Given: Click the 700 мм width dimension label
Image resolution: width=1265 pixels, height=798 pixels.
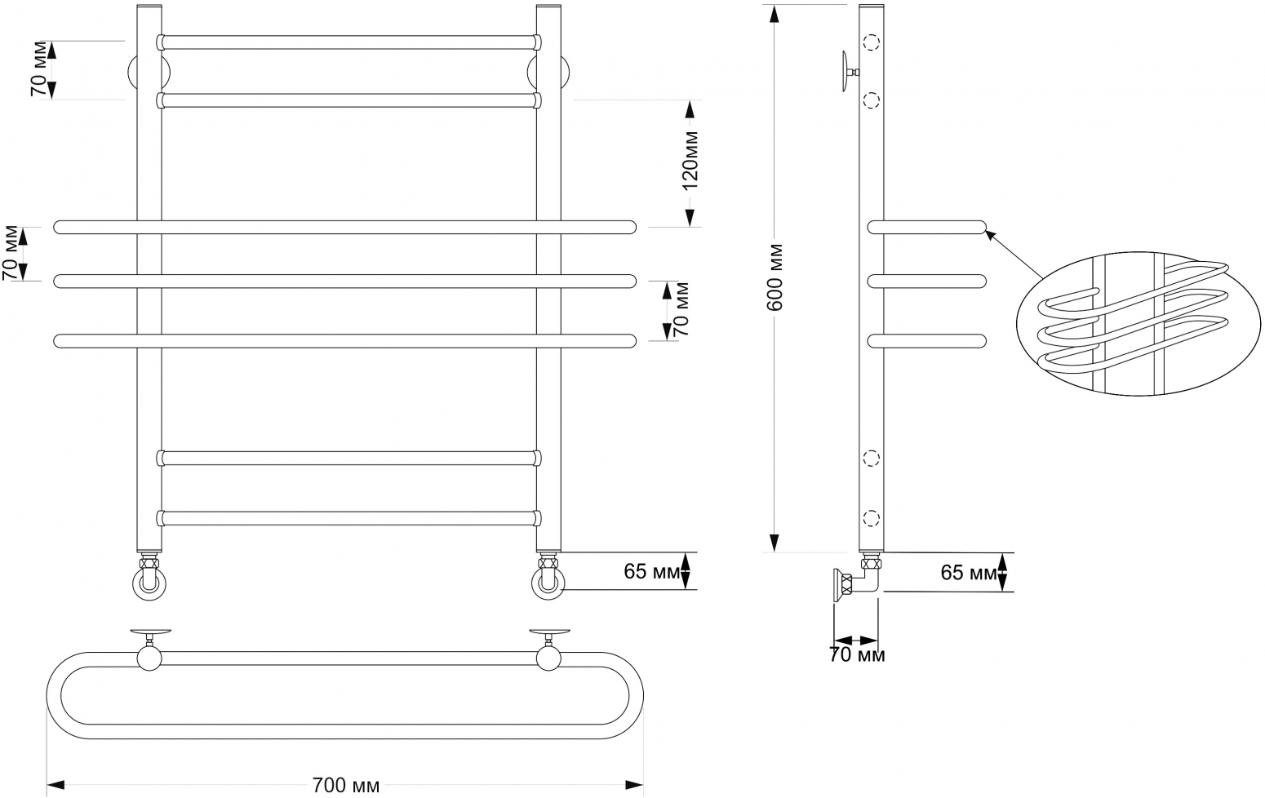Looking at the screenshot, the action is click(345, 786).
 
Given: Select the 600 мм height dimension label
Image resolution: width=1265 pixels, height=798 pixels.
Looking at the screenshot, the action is click(775, 277).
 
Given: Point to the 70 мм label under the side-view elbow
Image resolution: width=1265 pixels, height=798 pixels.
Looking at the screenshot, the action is click(857, 655).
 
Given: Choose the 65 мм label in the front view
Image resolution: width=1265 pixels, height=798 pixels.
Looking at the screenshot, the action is click(652, 571).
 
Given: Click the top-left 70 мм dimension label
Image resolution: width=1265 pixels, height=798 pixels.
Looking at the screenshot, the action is click(40, 69).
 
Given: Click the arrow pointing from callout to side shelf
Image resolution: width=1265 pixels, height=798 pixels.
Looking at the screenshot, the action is click(1014, 254).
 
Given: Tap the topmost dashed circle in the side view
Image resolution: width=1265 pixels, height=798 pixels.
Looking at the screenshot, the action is click(872, 42).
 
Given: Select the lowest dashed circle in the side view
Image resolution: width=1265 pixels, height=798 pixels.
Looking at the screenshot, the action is click(872, 518).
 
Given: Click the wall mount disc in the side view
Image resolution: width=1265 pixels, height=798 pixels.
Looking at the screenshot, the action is click(846, 72).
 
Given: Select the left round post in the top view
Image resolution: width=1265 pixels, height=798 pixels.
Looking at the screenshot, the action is click(149, 658).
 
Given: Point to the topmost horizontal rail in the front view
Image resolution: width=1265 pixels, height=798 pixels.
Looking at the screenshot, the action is click(348, 42).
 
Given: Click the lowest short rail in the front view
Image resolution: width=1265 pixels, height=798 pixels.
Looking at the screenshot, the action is click(348, 518).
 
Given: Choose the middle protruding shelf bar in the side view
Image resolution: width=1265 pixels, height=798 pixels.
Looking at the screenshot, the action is click(927, 282).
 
